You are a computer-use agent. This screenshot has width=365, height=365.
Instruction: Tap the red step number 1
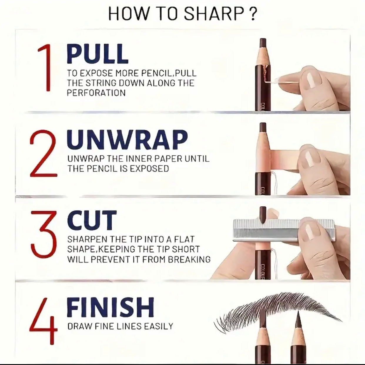point(45,67)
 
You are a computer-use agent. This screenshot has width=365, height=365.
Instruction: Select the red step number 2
point(43,153)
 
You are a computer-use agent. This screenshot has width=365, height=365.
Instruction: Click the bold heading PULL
point(97,54)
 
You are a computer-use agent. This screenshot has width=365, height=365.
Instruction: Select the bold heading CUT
point(92,220)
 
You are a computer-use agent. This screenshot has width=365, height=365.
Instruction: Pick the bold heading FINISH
point(110,307)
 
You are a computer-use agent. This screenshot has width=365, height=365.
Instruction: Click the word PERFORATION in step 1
point(96,93)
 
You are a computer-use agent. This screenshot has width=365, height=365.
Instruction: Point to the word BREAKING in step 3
point(189,259)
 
